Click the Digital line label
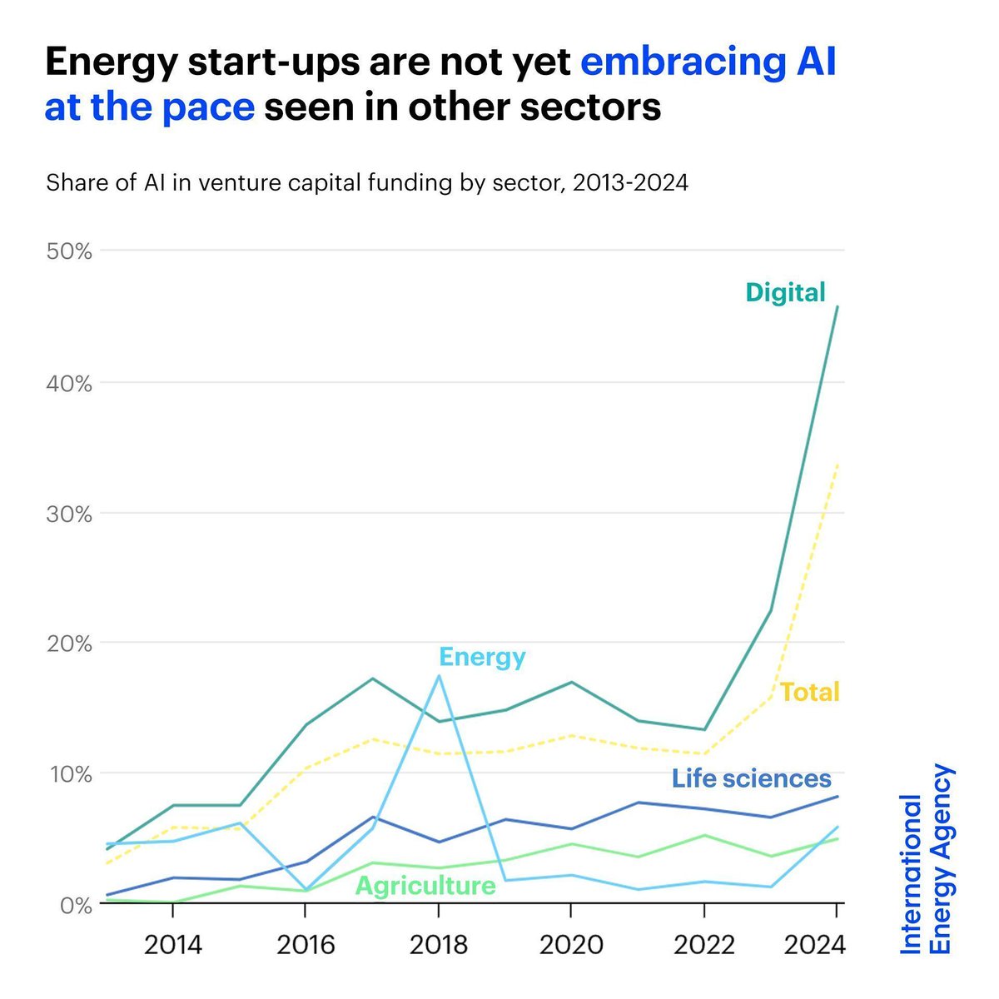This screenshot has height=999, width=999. pyautogui.click(x=785, y=292)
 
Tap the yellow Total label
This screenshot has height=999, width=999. pyautogui.click(x=809, y=692)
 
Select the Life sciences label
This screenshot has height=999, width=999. pyautogui.click(x=751, y=778)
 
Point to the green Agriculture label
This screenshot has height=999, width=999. pyautogui.click(x=425, y=885)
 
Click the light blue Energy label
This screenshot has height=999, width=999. pyautogui.click(x=482, y=657)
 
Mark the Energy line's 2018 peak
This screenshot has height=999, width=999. pyautogui.click(x=438, y=675)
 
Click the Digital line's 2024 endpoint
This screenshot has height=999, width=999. pyautogui.click(x=837, y=306)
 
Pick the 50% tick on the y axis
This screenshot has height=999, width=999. pyautogui.click(x=69, y=251)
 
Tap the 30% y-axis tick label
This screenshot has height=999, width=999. pyautogui.click(x=69, y=514)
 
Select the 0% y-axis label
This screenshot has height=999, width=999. pyautogui.click(x=74, y=904)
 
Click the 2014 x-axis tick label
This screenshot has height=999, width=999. pyautogui.click(x=172, y=945)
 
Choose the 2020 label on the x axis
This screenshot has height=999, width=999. pyautogui.click(x=570, y=945)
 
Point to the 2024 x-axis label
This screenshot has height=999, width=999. pyautogui.click(x=816, y=945)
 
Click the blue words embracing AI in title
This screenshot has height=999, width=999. pyautogui.click(x=708, y=62)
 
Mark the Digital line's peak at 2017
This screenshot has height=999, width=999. pyautogui.click(x=372, y=678)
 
